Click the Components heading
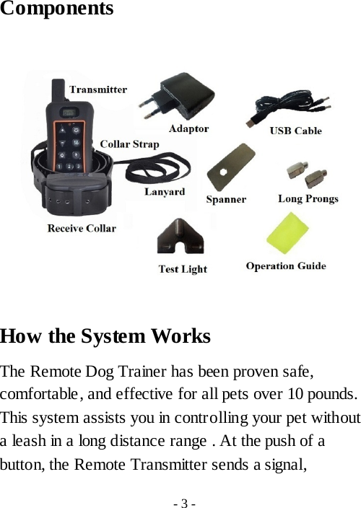point(57,10)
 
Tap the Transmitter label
point(97,90)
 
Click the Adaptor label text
point(188,129)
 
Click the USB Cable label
point(295,131)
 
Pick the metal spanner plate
point(230,167)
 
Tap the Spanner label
point(226,199)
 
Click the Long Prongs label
point(308,199)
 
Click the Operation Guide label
point(285,266)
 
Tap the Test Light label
point(182,269)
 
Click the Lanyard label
point(164,193)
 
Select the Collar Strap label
point(129,144)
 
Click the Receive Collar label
point(81,229)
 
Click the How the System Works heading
point(105,337)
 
